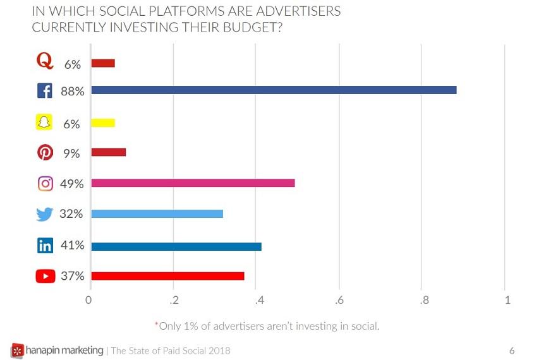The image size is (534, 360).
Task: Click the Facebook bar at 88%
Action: pos(274,90)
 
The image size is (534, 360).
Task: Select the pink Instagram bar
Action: pos(193,183)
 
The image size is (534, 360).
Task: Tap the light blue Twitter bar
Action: pos(157,214)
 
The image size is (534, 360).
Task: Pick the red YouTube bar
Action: pos(167,276)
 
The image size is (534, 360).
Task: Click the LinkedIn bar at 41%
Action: pos(176,246)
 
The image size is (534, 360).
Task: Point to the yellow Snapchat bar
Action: pos(103,123)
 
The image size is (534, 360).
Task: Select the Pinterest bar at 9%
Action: pos(108,152)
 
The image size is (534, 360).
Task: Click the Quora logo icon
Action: pos(45,62)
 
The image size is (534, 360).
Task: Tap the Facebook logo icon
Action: pos(45,91)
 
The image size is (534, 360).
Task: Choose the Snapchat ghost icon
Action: pos(44,123)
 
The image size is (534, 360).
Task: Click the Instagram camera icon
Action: pos(45,184)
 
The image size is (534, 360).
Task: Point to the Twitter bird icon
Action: pos(45,215)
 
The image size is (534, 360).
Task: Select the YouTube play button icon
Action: pos(46,277)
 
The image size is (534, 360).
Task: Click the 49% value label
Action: pos(71,184)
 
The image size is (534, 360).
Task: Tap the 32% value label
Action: pos(71,215)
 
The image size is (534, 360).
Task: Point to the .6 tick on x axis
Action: pos(339,300)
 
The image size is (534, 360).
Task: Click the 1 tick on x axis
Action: pos(507,300)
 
